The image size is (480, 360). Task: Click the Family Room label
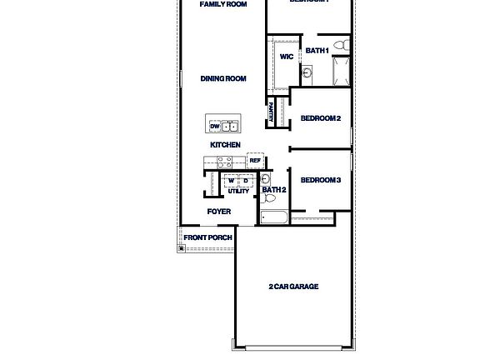(223, 4)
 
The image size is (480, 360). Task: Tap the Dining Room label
(223, 79)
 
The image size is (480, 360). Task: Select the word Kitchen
(225, 145)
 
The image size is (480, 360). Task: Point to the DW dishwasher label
(214, 127)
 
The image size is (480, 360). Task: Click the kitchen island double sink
(230, 127)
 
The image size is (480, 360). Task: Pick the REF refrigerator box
(255, 161)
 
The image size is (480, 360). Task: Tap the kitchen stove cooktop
(225, 162)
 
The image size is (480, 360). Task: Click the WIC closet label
(286, 57)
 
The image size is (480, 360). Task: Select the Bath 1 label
(317, 51)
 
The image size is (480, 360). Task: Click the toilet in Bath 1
(340, 44)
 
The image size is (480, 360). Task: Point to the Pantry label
(271, 112)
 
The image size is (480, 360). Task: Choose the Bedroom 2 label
(320, 118)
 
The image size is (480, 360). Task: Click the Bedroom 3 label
(320, 180)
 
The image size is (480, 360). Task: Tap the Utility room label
(238, 191)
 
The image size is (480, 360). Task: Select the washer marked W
(232, 181)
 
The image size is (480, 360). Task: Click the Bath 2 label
(274, 190)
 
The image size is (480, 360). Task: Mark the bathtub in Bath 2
(274, 218)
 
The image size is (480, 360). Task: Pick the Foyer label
(219, 212)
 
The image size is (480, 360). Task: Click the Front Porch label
(208, 237)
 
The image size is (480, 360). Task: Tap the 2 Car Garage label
(293, 287)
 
